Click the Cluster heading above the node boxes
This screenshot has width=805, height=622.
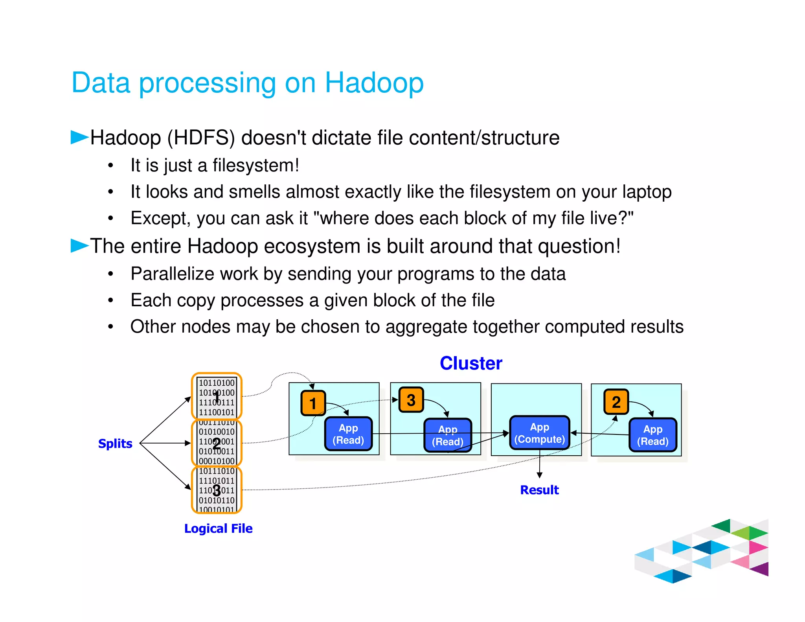coord(471,363)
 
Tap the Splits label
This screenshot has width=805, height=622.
coord(115,443)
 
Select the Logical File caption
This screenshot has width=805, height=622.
coord(218,528)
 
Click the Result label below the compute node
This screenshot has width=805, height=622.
coord(539,490)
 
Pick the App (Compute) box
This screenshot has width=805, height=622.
coord(539,433)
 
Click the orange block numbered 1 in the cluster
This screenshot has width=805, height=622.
coord(313,403)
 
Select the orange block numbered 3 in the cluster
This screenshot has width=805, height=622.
coord(411,400)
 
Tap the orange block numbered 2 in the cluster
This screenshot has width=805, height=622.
coord(616,402)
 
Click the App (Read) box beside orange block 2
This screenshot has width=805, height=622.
coord(652,435)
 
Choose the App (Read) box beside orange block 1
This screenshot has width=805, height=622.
coord(348,434)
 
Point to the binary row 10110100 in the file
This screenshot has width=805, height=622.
coord(217,383)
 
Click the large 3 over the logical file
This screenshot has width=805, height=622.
coord(217,490)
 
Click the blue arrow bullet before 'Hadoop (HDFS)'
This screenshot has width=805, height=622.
coord(79,137)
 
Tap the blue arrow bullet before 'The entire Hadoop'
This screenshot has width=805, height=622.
coord(79,246)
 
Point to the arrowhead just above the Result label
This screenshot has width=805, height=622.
coord(540,475)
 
